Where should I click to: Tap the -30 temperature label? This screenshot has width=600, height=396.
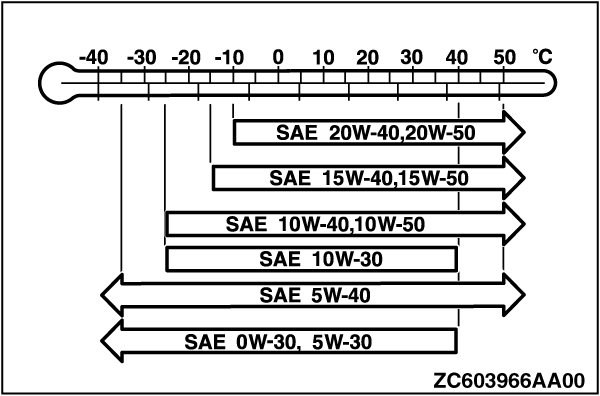(x=142, y=59)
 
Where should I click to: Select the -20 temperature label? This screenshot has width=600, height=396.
(x=186, y=59)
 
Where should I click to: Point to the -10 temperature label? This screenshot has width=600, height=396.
(x=229, y=59)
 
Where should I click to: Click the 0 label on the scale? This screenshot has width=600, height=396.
(x=278, y=58)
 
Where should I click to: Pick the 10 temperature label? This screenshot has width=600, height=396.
(x=324, y=58)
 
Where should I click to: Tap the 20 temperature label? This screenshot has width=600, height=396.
(x=368, y=58)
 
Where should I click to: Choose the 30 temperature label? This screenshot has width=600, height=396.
(x=412, y=58)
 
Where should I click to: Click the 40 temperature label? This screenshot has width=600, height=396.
(x=457, y=58)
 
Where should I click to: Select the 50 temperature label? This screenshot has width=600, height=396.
(x=504, y=58)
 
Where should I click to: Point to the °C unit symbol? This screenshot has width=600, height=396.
(x=543, y=57)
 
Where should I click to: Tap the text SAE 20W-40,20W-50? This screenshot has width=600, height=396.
(x=375, y=134)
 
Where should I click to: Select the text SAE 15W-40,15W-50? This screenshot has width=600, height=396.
(x=369, y=179)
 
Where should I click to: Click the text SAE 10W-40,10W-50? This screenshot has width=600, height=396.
(x=325, y=225)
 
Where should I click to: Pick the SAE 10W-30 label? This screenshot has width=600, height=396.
(x=321, y=260)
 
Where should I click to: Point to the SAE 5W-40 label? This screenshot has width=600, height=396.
(x=315, y=296)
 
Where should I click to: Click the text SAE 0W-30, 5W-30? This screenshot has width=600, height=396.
(x=278, y=342)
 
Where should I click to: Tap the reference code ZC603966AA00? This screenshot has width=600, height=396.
(x=509, y=381)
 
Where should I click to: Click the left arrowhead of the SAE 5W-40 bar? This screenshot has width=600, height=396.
(x=112, y=295)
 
